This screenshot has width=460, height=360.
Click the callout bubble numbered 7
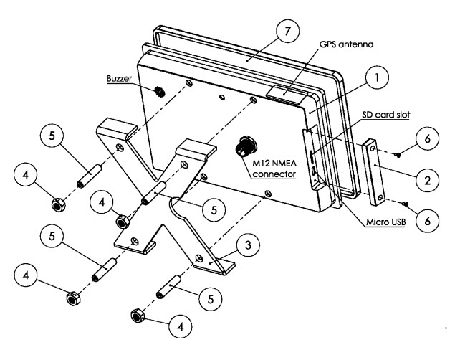[287, 31]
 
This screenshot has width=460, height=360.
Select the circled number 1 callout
[377, 77]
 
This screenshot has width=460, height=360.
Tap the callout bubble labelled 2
[428, 180]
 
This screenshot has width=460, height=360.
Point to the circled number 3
[248, 245]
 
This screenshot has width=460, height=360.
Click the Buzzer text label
[119, 79]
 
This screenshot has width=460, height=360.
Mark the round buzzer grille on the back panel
[160, 93]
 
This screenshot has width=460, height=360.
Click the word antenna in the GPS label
[356, 44]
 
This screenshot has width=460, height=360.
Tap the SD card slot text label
[385, 115]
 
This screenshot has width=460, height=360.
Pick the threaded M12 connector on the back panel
[246, 146]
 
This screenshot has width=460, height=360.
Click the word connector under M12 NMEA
[274, 174]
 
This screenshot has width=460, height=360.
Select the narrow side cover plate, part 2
[373, 173]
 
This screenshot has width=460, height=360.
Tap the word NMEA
[284, 163]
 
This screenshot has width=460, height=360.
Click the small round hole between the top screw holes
[222, 97]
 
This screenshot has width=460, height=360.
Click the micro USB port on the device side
[314, 170]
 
